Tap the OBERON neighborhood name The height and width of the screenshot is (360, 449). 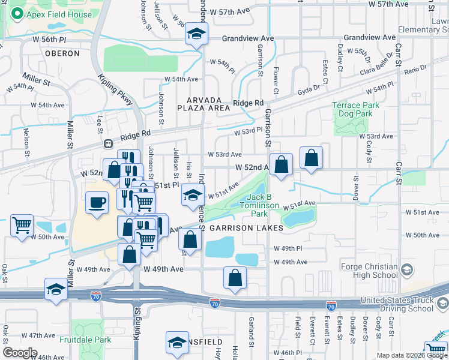62,53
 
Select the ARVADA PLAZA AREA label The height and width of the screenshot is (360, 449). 203,104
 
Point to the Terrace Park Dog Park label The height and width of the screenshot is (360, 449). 356,109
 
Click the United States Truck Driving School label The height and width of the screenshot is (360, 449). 397,304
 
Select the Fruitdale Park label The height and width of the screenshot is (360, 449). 85,340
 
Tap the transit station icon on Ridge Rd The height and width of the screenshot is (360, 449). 109,144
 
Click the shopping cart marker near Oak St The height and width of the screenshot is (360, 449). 22,225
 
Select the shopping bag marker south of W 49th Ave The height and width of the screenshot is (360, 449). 235,277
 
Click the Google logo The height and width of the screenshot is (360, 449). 20,353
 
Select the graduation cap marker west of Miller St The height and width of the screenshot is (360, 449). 56,289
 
